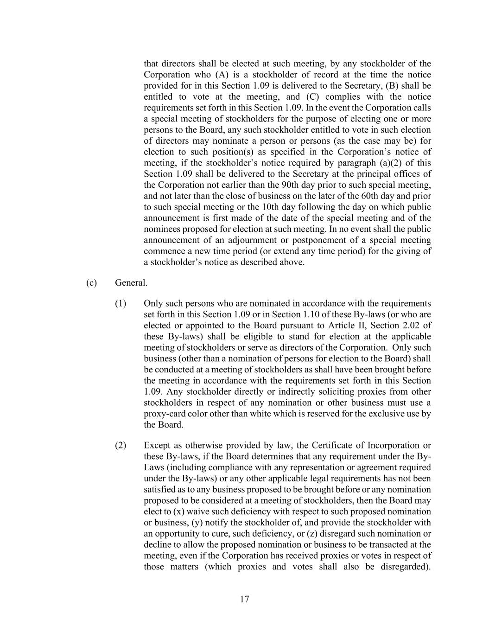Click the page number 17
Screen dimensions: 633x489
(245, 599)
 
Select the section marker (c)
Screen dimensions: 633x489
(91, 282)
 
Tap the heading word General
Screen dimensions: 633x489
(131, 282)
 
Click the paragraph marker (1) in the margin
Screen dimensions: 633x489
(121, 303)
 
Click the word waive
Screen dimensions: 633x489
(200, 512)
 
